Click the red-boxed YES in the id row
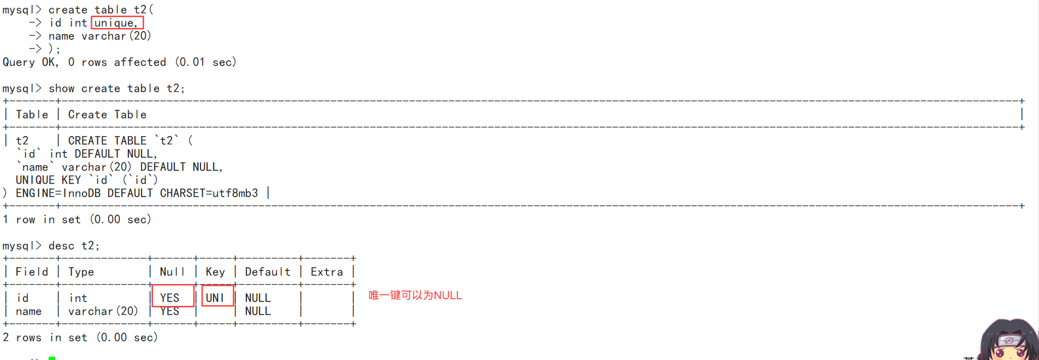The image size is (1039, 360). pyautogui.click(x=170, y=298)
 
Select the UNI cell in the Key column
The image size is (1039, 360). pyautogui.click(x=215, y=298)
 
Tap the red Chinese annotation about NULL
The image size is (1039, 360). pyautogui.click(x=415, y=296)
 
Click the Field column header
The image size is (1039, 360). pyautogui.click(x=32, y=272)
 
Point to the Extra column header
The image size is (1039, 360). pyautogui.click(x=327, y=272)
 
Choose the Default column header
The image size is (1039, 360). pyautogui.click(x=268, y=272)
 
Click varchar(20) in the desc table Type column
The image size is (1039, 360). pyautogui.click(x=103, y=311)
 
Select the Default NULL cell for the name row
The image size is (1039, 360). pyautogui.click(x=258, y=311)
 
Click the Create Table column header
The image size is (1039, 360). pyautogui.click(x=107, y=115)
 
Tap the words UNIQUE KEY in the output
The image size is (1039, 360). pyautogui.click(x=49, y=180)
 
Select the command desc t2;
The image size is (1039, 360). pyautogui.click(x=74, y=246)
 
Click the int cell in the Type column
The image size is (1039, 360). pyautogui.click(x=78, y=298)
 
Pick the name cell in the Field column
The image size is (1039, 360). pyautogui.click(x=28, y=311)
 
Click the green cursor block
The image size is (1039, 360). pyautogui.click(x=52, y=358)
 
